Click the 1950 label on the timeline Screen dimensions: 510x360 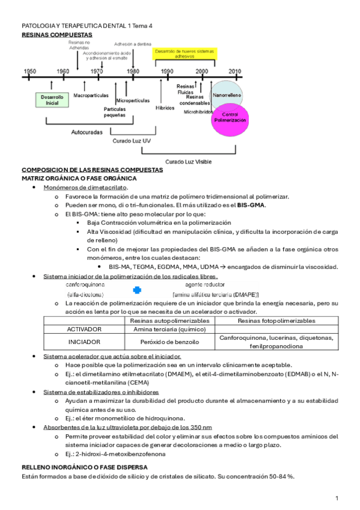tap(29, 71)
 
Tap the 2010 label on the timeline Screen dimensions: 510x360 tap(235, 71)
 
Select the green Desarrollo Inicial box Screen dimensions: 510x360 tap(49, 100)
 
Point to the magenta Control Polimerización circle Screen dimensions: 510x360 tap(230, 117)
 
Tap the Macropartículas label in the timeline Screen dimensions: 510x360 tap(91, 95)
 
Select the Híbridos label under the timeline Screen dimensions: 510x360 tap(164, 108)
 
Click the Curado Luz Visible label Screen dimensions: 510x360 tap(188, 161)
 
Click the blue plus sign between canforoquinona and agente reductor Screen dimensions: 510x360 tap(137, 290)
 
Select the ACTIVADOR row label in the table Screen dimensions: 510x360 tap(84, 330)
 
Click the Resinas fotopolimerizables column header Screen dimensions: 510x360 tap(276, 321)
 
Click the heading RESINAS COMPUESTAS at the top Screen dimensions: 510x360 tap(53, 35)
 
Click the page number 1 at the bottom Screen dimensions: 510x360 tap(337, 498)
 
